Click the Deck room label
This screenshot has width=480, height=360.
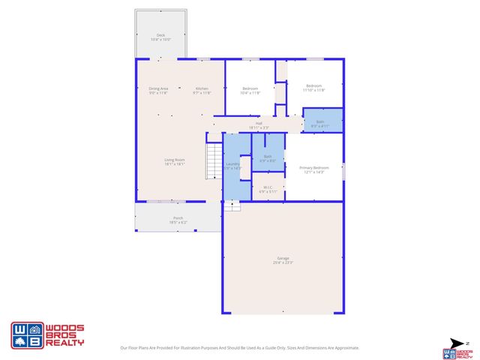tap(160, 37)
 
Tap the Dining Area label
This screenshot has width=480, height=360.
tap(158, 89)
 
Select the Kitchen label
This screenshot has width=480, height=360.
tap(202, 89)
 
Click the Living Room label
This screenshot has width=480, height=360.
tap(175, 161)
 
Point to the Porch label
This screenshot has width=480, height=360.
tap(178, 220)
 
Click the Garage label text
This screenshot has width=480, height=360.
tap(283, 259)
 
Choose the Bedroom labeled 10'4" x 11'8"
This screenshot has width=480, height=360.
tap(250, 89)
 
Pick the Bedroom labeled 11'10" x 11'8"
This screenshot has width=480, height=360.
tap(313, 87)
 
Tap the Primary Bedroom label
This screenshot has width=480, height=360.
tap(313, 169)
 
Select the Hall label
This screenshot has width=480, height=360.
tap(259, 124)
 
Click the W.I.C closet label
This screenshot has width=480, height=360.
tap(268, 189)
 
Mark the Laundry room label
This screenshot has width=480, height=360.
tap(232, 166)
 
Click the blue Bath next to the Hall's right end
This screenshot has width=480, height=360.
tap(320, 123)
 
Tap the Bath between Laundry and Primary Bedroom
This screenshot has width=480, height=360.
tap(268, 157)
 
